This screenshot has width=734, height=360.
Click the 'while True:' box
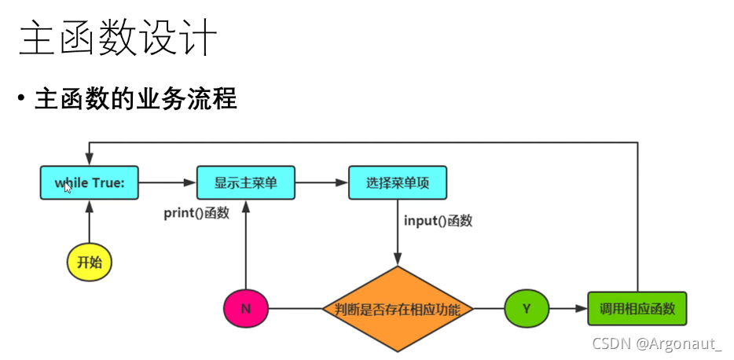[x=89, y=182]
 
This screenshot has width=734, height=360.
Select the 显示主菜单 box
[x=245, y=182]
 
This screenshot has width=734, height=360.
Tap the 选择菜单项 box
[x=397, y=182]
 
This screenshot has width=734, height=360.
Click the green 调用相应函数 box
[x=637, y=308]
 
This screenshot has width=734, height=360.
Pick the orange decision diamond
[x=397, y=308]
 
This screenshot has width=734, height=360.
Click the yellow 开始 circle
[x=89, y=263]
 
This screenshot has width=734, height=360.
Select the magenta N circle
[x=246, y=308]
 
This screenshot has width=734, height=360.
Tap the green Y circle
[x=527, y=308]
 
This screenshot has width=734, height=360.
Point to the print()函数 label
[x=196, y=213]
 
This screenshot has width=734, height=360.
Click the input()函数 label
[x=438, y=221]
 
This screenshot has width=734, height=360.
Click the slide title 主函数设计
[x=117, y=38]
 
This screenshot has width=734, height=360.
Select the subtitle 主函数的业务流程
[x=136, y=100]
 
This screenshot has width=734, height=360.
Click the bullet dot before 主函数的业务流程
[x=21, y=101]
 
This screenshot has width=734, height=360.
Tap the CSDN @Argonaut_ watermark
[x=656, y=343]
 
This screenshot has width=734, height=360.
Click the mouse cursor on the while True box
[x=68, y=187]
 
